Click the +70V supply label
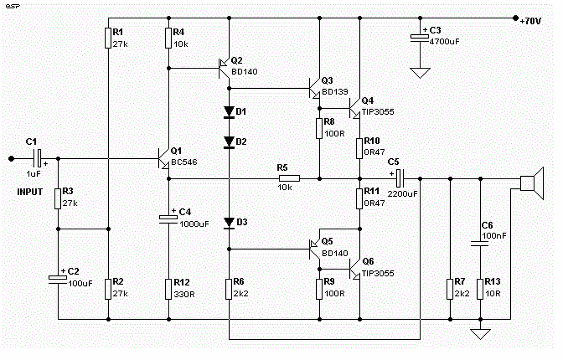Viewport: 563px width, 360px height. (530, 21)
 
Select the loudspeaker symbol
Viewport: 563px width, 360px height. (532, 183)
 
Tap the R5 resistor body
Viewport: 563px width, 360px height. (289, 178)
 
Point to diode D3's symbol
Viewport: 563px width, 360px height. (229, 223)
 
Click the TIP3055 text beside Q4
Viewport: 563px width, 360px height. (378, 112)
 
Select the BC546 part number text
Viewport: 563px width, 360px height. (184, 162)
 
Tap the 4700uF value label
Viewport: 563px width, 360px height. (444, 41)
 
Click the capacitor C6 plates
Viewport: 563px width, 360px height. (480, 244)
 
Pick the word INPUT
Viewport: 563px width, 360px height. (29, 192)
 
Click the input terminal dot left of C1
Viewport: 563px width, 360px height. (11, 159)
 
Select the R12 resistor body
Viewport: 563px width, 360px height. (168, 289)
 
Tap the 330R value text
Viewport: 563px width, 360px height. (184, 294)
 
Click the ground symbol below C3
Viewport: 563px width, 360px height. (420, 73)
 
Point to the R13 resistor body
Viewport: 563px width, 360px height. (480, 289)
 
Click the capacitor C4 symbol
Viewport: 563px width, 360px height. (168, 219)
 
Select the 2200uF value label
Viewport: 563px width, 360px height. (402, 194)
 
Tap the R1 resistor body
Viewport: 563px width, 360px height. (108, 38)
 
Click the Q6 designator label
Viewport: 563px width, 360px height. (368, 262)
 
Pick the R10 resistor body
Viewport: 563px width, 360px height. (359, 148)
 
